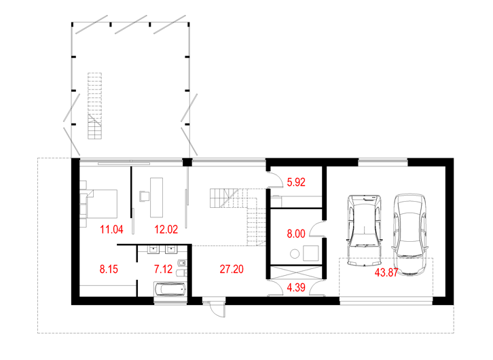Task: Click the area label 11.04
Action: [x=111, y=230]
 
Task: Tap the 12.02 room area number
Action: [x=166, y=230]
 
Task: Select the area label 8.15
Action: [x=109, y=269]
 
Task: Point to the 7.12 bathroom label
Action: [x=164, y=269]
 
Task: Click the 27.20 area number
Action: [x=232, y=269]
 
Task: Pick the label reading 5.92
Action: [x=296, y=182]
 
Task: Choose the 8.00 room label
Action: [x=296, y=234]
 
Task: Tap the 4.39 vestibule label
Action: [x=296, y=287]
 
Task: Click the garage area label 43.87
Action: [x=386, y=272]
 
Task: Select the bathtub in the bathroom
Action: [x=170, y=289]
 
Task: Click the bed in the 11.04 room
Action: [x=102, y=204]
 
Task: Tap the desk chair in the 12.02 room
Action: [x=145, y=196]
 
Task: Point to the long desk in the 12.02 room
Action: [x=157, y=198]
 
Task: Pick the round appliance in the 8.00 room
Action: [x=295, y=254]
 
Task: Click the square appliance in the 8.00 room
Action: [x=310, y=253]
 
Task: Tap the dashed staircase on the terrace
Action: [x=94, y=106]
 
